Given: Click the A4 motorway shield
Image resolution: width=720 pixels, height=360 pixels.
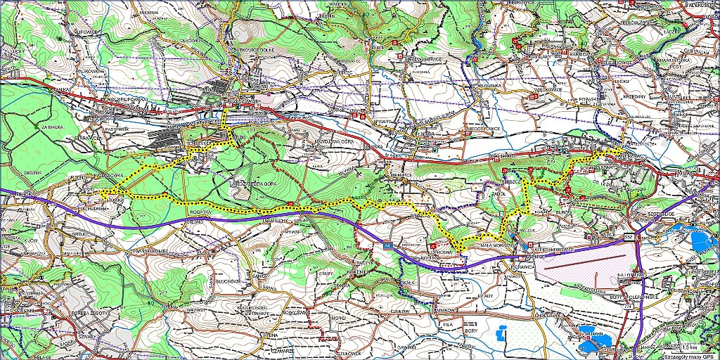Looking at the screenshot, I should [x=387, y=245].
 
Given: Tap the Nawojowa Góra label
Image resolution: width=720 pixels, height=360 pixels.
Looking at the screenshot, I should [x=316, y=139].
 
